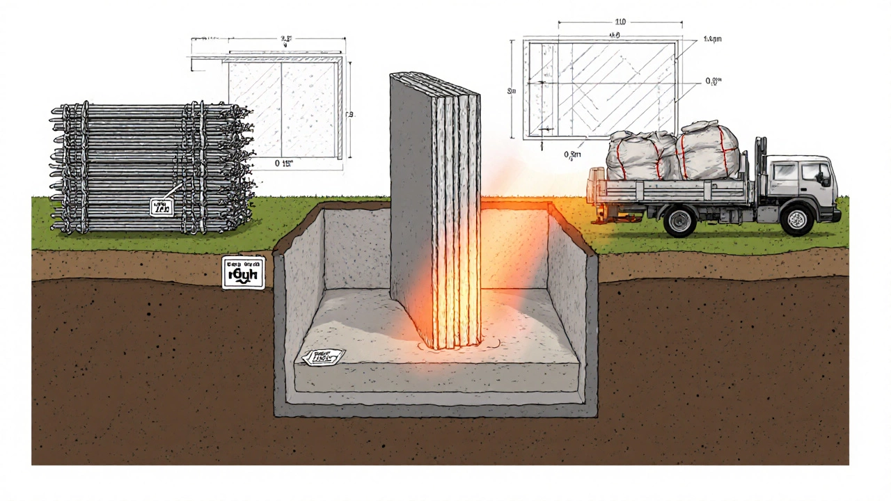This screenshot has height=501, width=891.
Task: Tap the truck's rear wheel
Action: pyautogui.click(x=679, y=220)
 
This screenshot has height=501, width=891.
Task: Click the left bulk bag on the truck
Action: pyautogui.click(x=634, y=156)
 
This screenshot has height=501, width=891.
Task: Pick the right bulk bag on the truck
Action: pyautogui.click(x=709, y=151)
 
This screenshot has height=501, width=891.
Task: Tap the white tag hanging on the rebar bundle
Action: pyautogui.click(x=161, y=206)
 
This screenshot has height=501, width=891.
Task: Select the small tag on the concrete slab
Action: pyautogui.click(x=322, y=357)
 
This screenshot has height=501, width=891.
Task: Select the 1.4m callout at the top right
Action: pyautogui.click(x=712, y=40)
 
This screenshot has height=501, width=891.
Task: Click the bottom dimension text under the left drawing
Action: pyautogui.click(x=283, y=164)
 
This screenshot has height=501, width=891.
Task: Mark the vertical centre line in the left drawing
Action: pyautogui.click(x=281, y=104)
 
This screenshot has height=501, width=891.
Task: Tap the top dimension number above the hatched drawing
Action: pyautogui.click(x=599, y=23)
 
